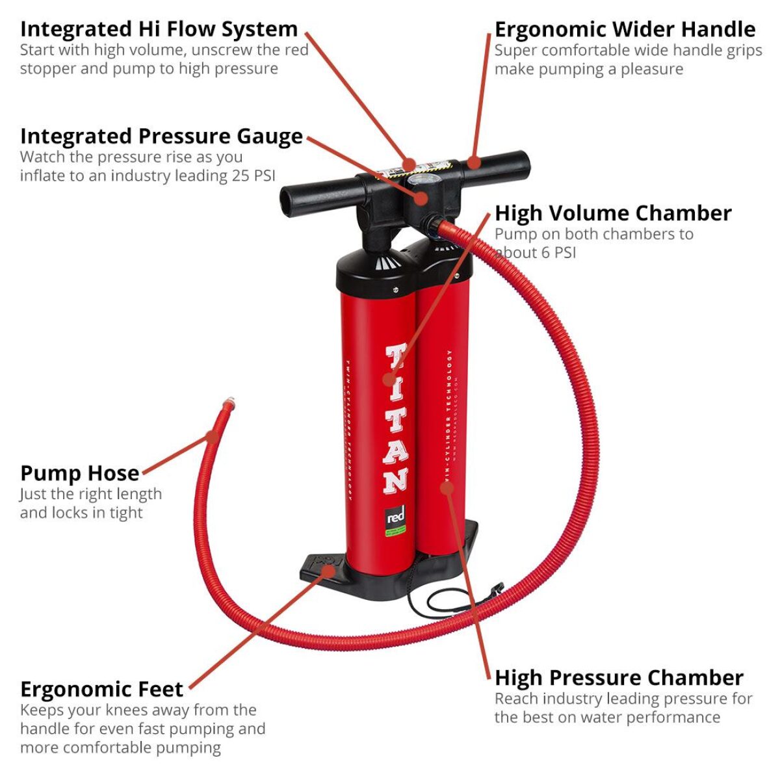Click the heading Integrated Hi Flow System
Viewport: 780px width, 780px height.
click(159, 29)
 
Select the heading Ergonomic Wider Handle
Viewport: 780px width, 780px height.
click(625, 29)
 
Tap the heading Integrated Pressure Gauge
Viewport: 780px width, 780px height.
click(161, 136)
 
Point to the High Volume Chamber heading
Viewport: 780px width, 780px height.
click(613, 213)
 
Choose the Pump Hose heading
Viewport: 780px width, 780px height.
click(79, 473)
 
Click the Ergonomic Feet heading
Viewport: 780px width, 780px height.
click(101, 689)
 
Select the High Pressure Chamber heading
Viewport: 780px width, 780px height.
click(619, 677)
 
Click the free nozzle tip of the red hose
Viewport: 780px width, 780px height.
click(227, 405)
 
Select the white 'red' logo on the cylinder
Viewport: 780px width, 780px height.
click(395, 518)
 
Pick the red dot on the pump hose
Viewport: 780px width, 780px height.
click(212, 437)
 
